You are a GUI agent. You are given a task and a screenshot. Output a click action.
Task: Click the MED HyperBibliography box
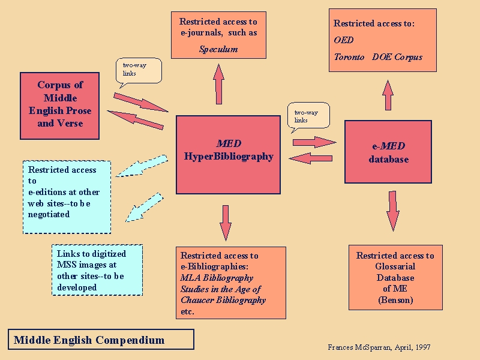click(228, 154)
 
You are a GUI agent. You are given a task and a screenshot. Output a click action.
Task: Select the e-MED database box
click(388, 152)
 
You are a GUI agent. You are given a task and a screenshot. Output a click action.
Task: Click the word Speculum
click(218, 49)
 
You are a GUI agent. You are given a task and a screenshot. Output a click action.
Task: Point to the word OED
click(344, 40)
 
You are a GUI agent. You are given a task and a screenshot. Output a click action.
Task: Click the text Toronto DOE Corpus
click(378, 57)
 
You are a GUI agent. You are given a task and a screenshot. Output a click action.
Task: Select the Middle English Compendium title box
click(101, 340)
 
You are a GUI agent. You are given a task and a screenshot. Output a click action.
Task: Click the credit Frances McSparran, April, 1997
click(379, 347)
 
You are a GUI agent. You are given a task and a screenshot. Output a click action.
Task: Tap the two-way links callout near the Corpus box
click(138, 69)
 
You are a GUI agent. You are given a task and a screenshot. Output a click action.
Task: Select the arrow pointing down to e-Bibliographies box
click(225, 222)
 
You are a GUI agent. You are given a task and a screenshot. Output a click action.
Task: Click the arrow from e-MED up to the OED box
click(388, 96)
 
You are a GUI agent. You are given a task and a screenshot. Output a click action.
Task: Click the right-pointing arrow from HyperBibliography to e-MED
click(314, 142)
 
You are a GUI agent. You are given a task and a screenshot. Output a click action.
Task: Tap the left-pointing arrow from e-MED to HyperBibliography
click(310, 158)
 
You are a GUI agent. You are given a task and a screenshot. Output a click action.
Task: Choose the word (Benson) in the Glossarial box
click(395, 300)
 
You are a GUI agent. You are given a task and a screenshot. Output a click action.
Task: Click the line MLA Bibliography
click(217, 278)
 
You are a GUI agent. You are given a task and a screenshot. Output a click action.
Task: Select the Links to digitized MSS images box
click(97, 270)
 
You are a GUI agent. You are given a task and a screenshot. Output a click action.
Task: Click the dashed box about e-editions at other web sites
click(67, 197)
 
